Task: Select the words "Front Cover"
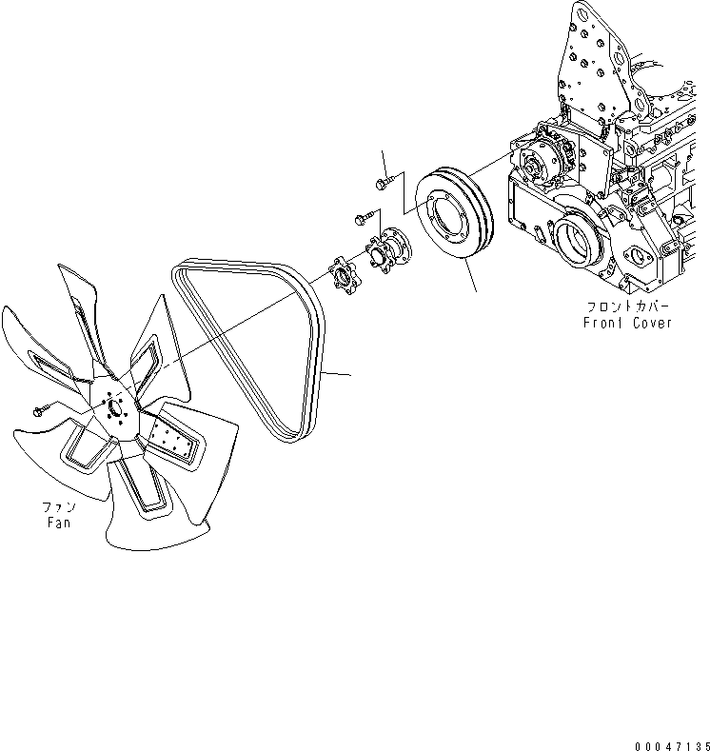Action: [627, 323]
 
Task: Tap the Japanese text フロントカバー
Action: [627, 307]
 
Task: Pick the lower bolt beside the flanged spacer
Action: [362, 218]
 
